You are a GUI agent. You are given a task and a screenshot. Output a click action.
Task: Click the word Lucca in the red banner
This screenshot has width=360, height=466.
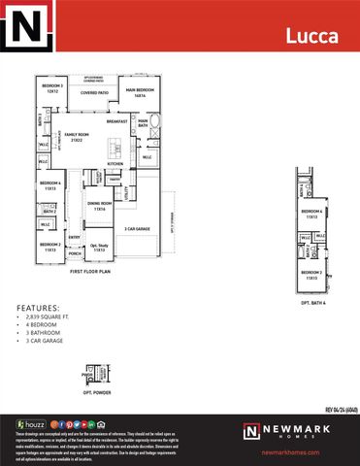(311, 36)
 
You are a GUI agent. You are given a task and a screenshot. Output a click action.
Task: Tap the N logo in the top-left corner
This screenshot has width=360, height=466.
(26, 27)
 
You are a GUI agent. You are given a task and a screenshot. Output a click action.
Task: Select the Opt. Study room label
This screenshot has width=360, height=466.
(100, 248)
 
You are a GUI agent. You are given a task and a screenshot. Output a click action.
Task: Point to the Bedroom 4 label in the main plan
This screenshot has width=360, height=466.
(50, 185)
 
